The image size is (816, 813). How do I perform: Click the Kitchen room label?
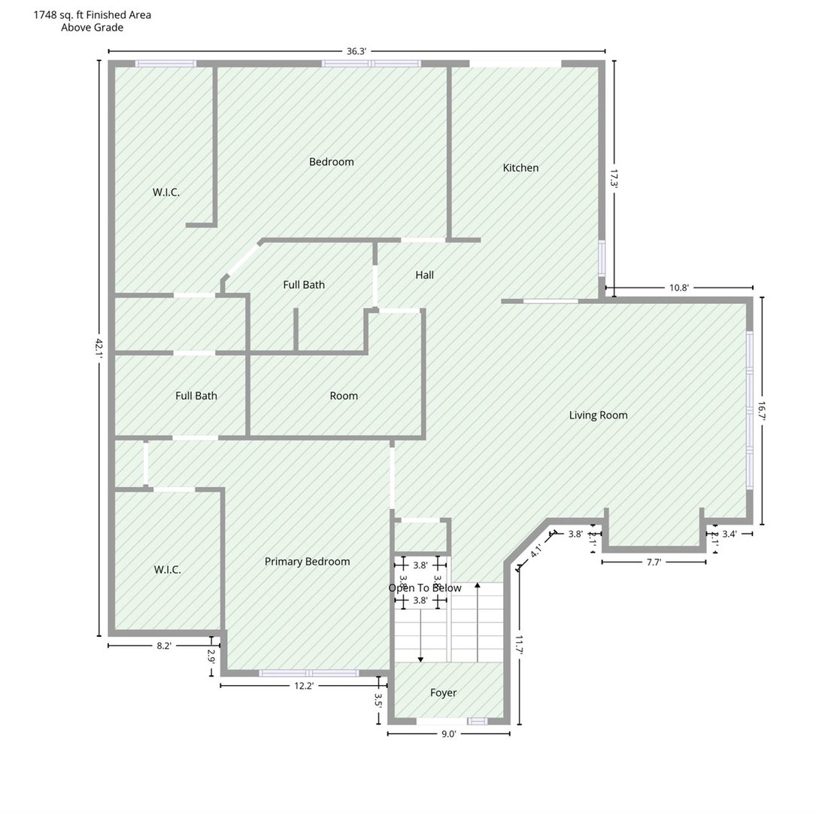(x=520, y=168)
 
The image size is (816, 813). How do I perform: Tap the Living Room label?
(x=598, y=416)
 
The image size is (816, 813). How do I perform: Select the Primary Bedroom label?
(x=307, y=562)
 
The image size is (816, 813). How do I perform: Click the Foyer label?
(x=443, y=693)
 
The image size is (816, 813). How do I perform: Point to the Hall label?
(x=424, y=276)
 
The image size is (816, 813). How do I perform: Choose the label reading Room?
(x=344, y=396)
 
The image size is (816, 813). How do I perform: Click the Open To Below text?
(x=425, y=588)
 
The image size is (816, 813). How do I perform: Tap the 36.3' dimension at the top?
(x=356, y=51)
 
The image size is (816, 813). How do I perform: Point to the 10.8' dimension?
(x=679, y=288)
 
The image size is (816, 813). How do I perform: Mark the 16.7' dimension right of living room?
(x=761, y=411)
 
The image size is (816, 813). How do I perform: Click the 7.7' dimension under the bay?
(x=653, y=562)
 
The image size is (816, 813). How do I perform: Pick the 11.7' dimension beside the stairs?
(x=519, y=644)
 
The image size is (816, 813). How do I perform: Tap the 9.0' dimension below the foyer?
(x=448, y=734)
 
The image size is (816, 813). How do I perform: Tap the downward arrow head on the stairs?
(x=420, y=659)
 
